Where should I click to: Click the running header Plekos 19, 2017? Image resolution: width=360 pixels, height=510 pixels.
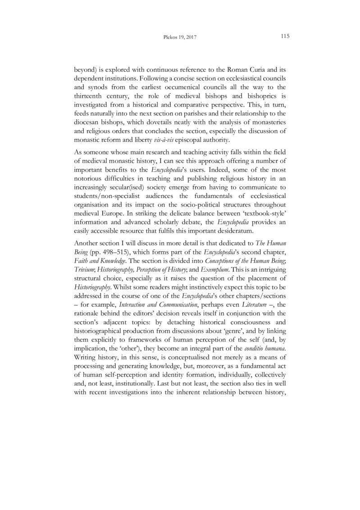coord(180,37)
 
